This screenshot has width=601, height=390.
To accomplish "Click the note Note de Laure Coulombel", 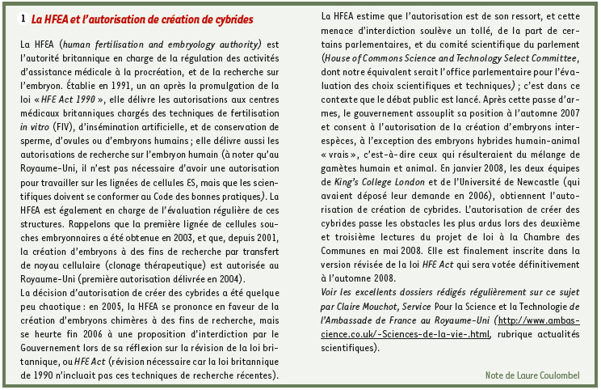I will [x=536, y=374].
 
